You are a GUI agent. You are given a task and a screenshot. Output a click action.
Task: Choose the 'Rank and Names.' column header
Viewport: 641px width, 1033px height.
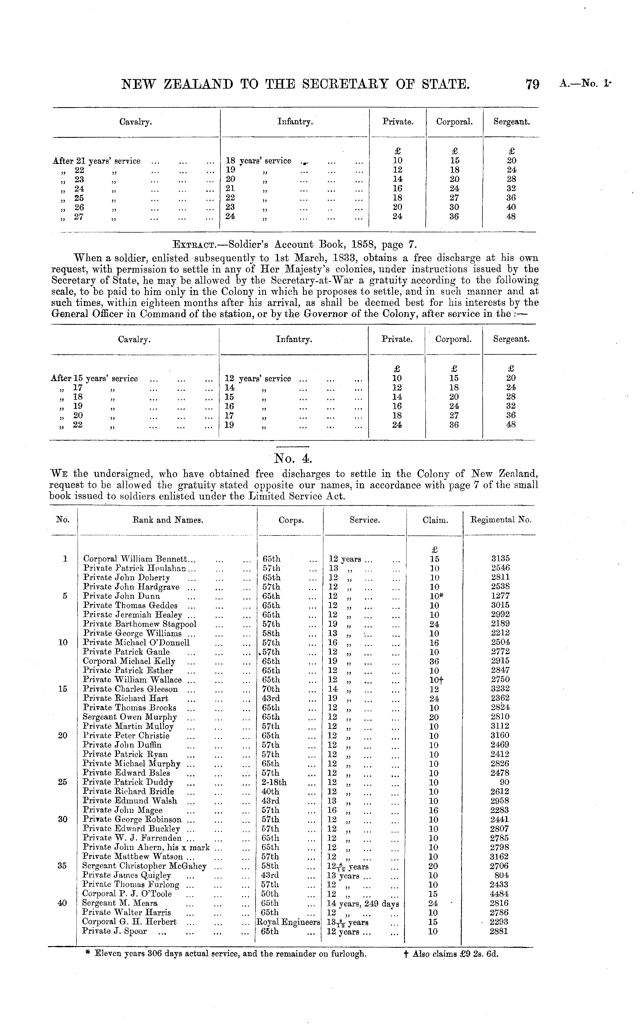pos(168,520)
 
